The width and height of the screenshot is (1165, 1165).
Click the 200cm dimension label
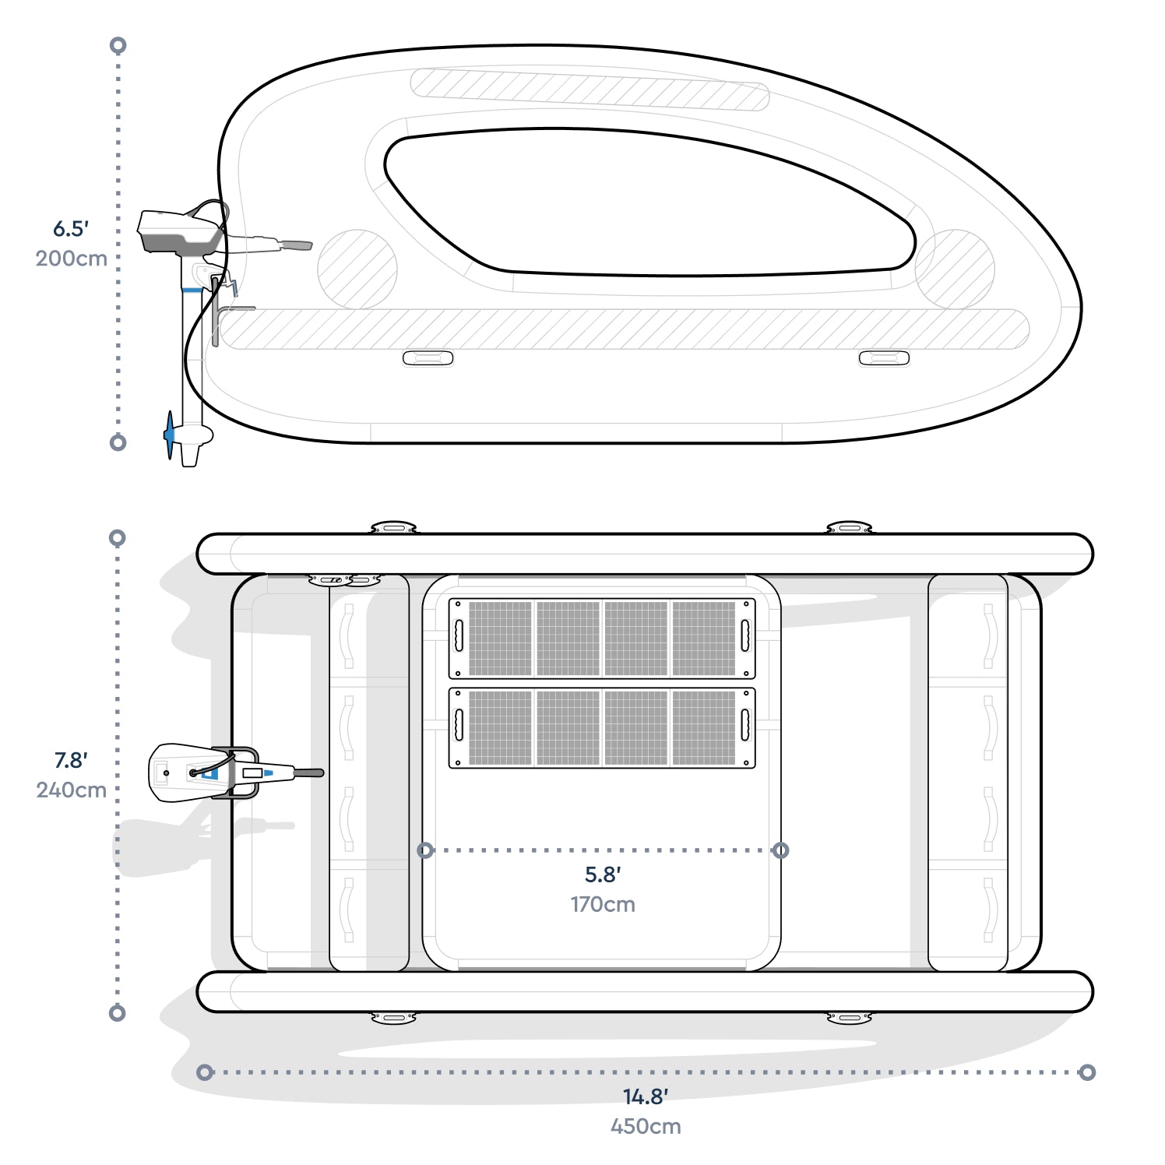[71, 259]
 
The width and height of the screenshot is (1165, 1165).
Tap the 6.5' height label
[71, 229]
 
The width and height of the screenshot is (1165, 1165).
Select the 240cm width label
[71, 790]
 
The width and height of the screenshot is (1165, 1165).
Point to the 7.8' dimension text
[71, 760]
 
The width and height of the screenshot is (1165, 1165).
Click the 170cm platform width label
[603, 904]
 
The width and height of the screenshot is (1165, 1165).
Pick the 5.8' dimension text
[603, 875]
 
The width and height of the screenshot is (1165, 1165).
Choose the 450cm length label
[646, 1126]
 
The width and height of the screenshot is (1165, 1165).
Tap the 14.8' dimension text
[646, 1096]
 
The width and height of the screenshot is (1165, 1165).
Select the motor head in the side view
[178, 231]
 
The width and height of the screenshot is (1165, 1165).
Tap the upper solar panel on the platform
[602, 638]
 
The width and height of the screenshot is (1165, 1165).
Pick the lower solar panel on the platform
[602, 727]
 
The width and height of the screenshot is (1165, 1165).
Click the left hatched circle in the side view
[357, 269]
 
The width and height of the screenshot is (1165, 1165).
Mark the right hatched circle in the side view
[955, 269]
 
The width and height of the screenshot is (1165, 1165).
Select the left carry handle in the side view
[428, 358]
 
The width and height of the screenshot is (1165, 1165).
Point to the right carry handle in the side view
[884, 358]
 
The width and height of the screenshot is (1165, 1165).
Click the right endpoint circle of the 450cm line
[1087, 1072]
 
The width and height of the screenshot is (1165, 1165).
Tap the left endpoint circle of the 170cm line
[425, 850]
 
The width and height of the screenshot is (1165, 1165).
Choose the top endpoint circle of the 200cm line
[118, 45]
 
